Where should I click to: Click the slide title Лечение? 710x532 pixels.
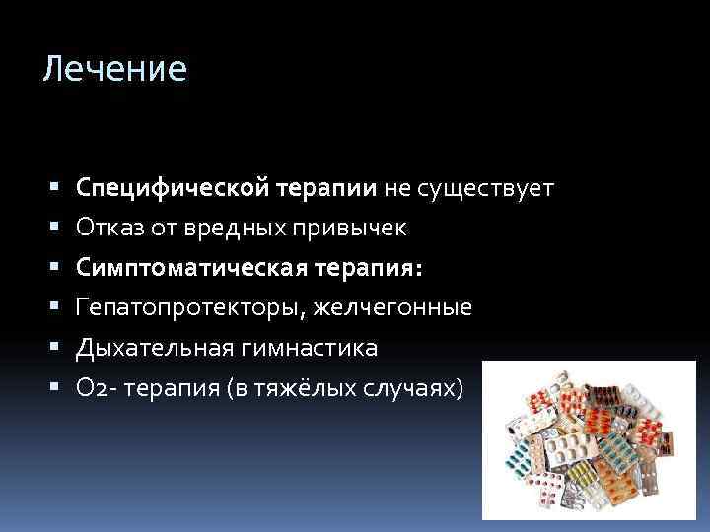point(114,69)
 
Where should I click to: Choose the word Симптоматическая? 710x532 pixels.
point(179,268)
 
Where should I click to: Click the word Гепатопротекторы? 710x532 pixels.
point(191,308)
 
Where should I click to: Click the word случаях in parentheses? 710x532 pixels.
point(409,389)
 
